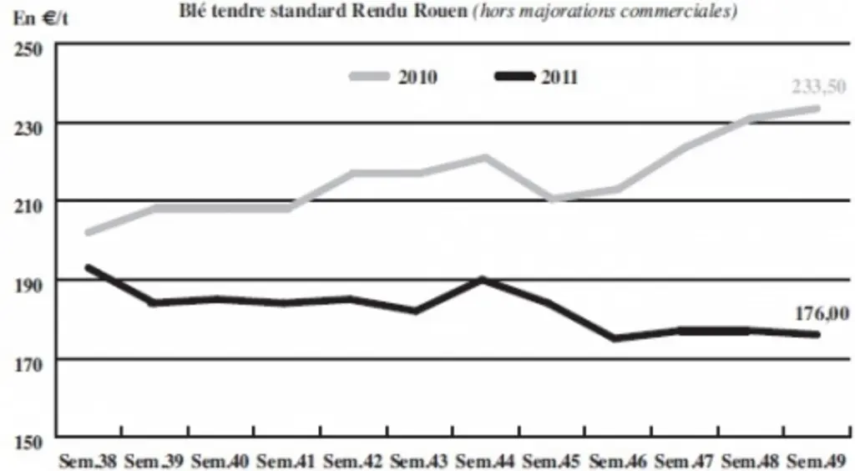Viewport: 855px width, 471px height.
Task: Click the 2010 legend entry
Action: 394,77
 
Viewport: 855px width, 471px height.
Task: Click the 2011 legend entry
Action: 537,77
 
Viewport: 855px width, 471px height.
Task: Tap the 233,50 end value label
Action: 818,86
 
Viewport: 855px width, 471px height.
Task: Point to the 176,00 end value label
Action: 822,313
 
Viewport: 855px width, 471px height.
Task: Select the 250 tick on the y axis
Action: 28,49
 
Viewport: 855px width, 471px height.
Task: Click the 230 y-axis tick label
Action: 28,128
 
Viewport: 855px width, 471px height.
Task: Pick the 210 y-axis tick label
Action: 28,206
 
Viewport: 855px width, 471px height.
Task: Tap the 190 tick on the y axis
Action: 28,285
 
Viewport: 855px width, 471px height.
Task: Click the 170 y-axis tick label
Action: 28,364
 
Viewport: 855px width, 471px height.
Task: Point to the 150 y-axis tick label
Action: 28,442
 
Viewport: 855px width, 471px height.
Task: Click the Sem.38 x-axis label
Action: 88,461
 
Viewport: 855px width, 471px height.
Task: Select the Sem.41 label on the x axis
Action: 286,461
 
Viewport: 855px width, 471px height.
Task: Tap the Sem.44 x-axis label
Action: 485,461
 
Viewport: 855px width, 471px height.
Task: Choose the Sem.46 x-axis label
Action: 618,461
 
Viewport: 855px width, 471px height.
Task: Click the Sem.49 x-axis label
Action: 817,461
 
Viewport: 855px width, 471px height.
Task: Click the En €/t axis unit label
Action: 41,18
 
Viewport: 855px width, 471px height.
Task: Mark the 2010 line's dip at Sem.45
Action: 553,199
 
